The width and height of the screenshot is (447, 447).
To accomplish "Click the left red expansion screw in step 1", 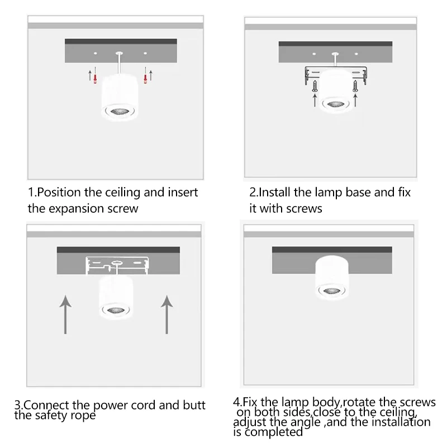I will point(96,79).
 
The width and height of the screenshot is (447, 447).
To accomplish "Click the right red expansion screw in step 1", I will point(145,79).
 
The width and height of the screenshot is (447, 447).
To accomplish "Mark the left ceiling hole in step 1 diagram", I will point(96,53).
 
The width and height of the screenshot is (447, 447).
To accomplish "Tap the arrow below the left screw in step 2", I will point(315,101).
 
